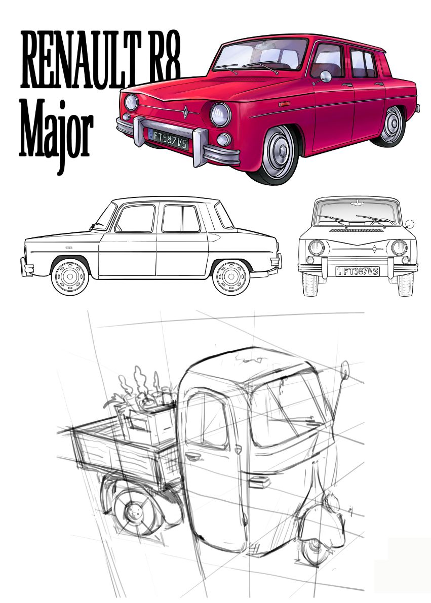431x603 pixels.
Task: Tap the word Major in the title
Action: click(x=56, y=129)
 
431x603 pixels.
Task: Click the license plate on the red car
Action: click(x=168, y=138)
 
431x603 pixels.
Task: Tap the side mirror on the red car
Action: click(x=325, y=76)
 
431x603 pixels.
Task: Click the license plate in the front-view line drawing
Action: click(x=358, y=271)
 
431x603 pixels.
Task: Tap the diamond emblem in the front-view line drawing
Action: click(x=374, y=249)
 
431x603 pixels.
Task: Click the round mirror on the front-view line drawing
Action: click(x=410, y=224)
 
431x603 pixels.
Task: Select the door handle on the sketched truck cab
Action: click(x=192, y=456)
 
